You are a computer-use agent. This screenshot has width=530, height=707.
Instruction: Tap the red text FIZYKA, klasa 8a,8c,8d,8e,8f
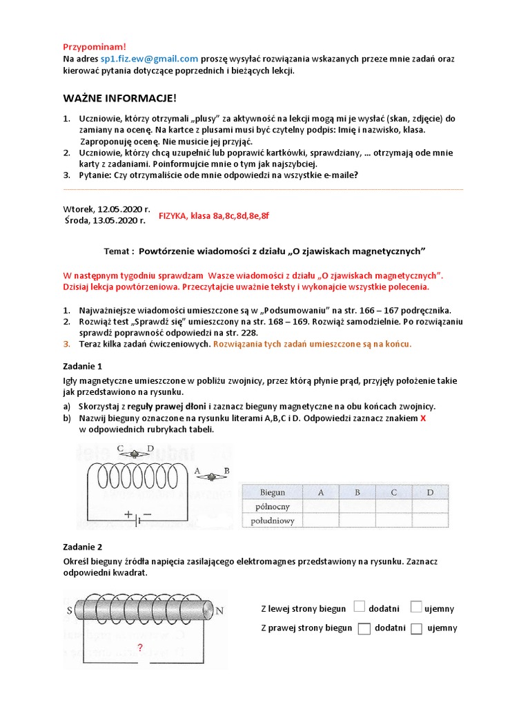(214, 215)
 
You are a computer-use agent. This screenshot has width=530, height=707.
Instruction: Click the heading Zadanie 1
(82, 366)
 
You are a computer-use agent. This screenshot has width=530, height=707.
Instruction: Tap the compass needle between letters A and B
(212, 476)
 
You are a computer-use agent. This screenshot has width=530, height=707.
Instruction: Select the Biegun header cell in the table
(272, 492)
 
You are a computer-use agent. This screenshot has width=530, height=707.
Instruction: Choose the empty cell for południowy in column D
(430, 521)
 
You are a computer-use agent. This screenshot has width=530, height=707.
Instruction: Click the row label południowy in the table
(272, 521)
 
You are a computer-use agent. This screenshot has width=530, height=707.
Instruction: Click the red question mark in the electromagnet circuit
(140, 648)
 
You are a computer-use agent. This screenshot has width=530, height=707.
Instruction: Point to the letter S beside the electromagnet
(69, 610)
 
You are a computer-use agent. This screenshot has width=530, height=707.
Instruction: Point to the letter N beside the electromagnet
(220, 610)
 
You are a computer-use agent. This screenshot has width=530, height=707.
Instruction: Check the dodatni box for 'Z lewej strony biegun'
(359, 607)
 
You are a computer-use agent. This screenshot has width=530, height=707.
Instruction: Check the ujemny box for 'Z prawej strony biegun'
(416, 628)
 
